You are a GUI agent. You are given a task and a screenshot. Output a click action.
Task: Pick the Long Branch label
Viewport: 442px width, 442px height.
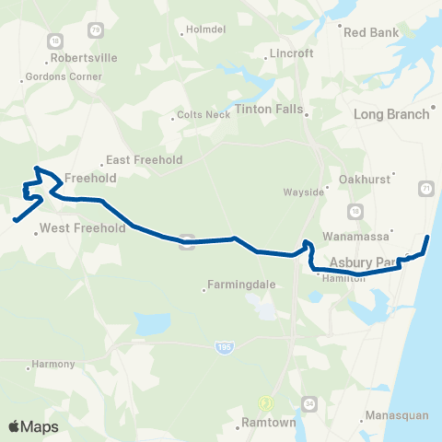[391, 114]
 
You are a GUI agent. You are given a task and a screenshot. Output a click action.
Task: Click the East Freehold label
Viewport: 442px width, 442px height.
[144, 159]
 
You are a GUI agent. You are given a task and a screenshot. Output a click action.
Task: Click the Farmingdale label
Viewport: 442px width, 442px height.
[239, 285]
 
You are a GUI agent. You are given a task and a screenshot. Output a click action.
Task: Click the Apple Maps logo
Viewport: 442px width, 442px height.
[33, 426]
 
